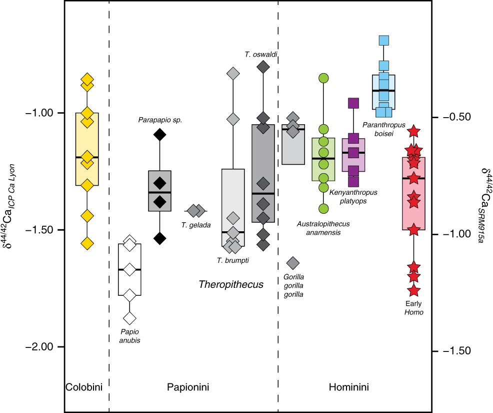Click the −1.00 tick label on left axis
[x=41, y=113]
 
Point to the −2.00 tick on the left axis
[x=41, y=347]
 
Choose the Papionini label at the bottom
[x=187, y=387]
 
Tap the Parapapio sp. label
[x=160, y=120]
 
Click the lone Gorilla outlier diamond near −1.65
[x=293, y=262]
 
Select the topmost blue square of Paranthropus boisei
[x=384, y=41]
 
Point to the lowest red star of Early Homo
[x=413, y=290]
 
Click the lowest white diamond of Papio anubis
[x=130, y=317]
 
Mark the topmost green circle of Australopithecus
[x=323, y=78]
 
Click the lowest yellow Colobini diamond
[x=87, y=244]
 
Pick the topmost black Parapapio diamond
[x=159, y=134]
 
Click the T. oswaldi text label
[x=261, y=54]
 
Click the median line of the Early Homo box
[x=413, y=178]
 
